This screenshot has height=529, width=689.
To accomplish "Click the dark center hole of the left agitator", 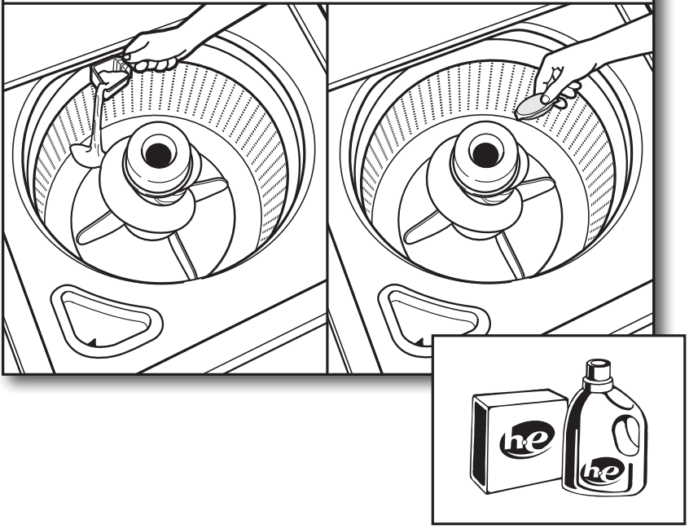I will click(x=154, y=151).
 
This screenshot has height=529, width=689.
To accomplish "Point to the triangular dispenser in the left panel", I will click(x=106, y=317).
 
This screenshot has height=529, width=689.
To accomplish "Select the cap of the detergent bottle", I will click(x=599, y=372).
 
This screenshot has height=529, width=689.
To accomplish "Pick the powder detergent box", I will click(x=517, y=440).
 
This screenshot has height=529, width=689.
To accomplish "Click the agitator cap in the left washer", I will click(x=154, y=159).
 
